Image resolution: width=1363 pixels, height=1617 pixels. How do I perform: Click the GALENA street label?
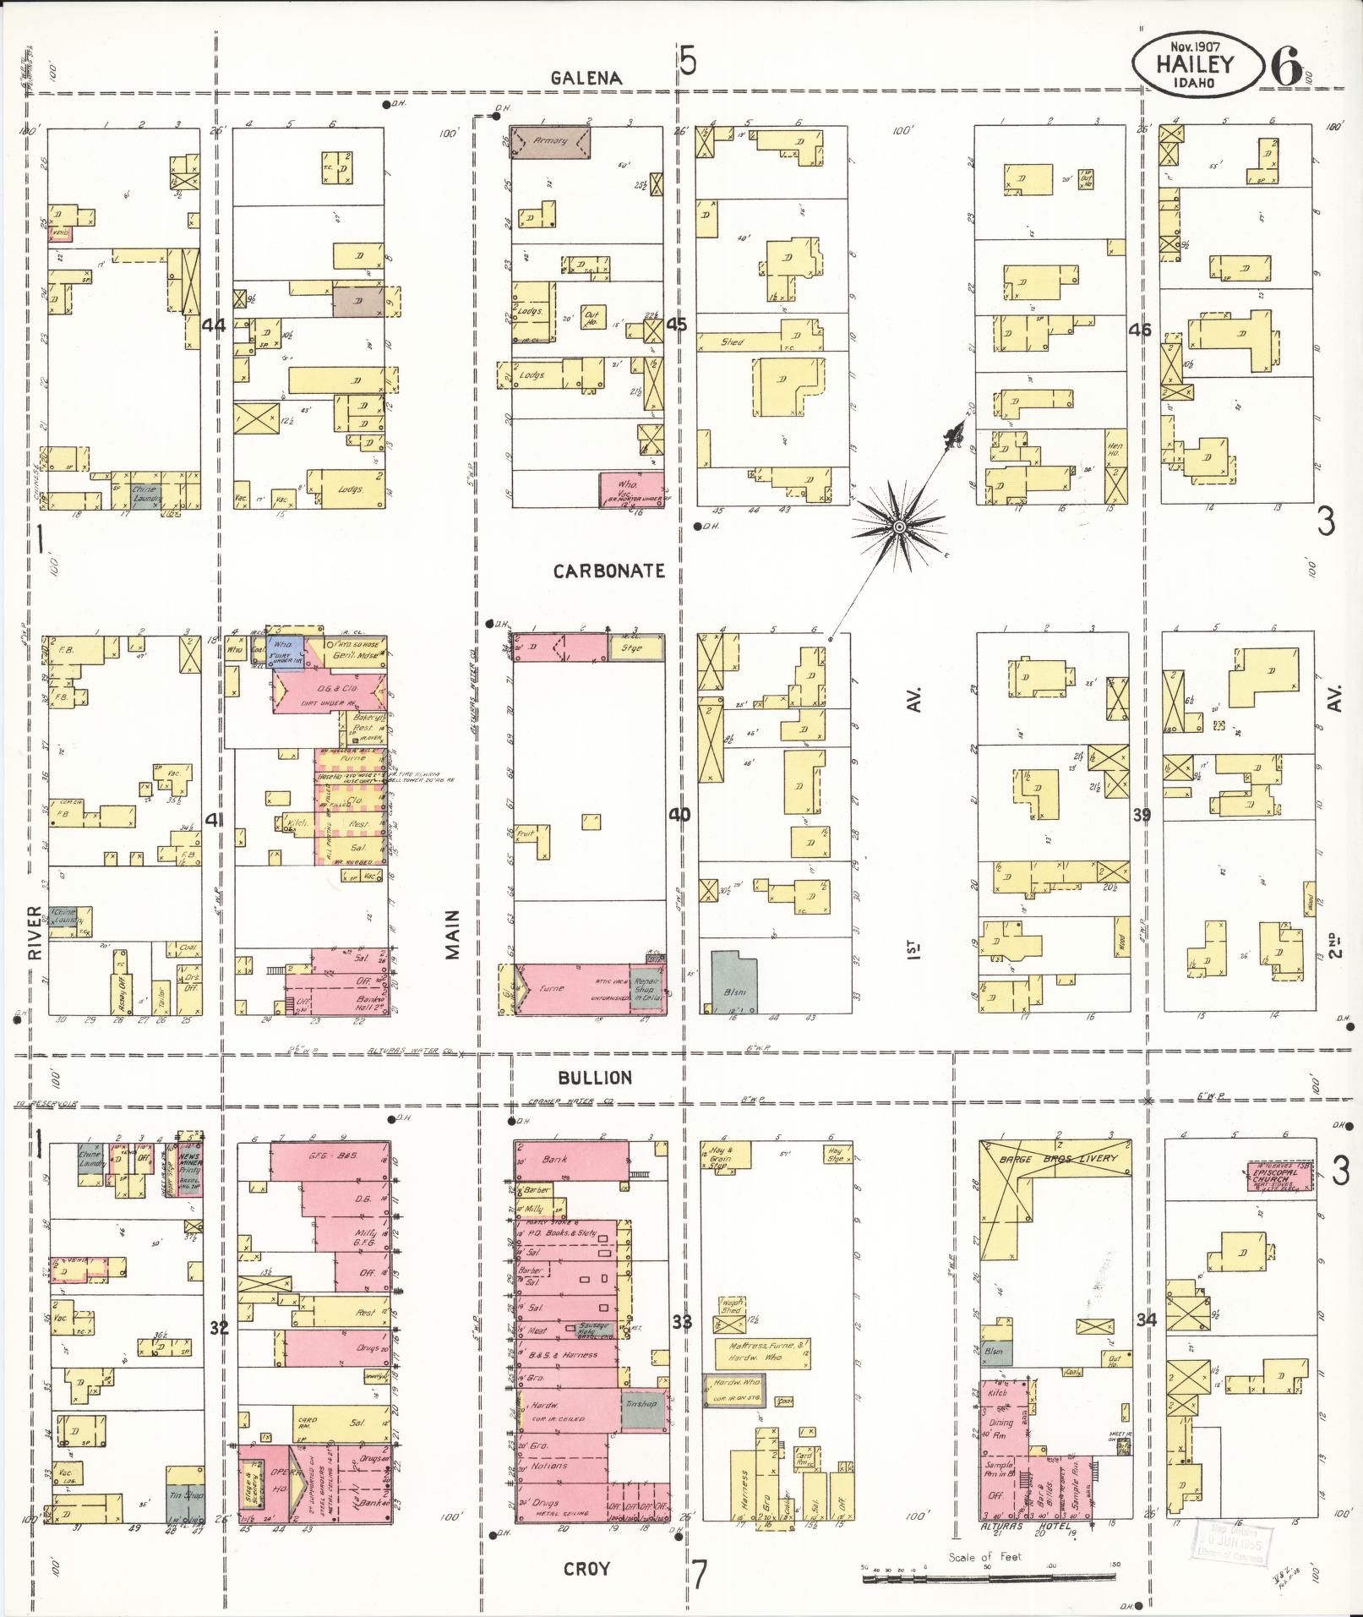tap(586, 78)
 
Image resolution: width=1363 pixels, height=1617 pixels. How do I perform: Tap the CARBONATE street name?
tap(608, 571)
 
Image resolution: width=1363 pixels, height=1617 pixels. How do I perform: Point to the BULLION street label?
tap(594, 1078)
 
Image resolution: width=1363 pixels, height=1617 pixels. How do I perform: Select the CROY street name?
tap(586, 1568)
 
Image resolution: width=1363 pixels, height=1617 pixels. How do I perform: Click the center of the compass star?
tap(899, 527)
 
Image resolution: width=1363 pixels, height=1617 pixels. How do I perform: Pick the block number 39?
tap(1142, 815)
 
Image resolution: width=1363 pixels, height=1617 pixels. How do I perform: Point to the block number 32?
tap(219, 1327)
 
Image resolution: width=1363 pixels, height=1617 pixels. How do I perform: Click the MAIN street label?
tap(453, 933)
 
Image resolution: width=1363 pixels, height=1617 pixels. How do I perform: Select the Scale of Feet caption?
tap(984, 1556)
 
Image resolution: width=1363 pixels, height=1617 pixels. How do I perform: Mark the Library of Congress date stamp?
tap(1229, 1543)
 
